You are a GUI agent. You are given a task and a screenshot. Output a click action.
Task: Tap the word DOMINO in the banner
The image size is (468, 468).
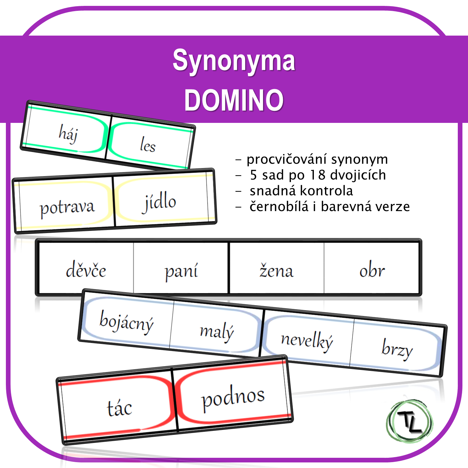pyautogui.click(x=234, y=100)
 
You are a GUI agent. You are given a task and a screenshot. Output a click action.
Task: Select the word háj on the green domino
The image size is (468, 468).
pyautogui.click(x=68, y=134)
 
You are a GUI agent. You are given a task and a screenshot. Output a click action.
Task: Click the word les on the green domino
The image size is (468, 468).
pyautogui.click(x=148, y=145)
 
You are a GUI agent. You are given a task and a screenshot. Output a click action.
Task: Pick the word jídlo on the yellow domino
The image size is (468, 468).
pyautogui.click(x=159, y=202)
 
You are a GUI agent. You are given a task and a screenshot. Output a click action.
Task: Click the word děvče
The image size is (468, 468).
pyautogui.click(x=86, y=270)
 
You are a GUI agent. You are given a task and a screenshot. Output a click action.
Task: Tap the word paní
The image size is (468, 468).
pyautogui.click(x=181, y=271)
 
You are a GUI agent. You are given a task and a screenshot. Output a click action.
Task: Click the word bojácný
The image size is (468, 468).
pyautogui.click(x=127, y=322)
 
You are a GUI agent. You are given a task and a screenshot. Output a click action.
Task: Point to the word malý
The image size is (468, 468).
pyautogui.click(x=217, y=332)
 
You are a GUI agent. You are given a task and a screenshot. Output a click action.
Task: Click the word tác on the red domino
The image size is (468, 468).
pyautogui.click(x=119, y=408)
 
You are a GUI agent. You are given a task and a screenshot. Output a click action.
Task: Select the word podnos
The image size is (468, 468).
pyautogui.click(x=233, y=397)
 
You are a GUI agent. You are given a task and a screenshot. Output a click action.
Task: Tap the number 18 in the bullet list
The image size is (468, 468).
pyautogui.click(x=318, y=175)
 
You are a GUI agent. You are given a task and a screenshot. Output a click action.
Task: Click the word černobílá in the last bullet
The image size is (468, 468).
pyautogui.click(x=279, y=206)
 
